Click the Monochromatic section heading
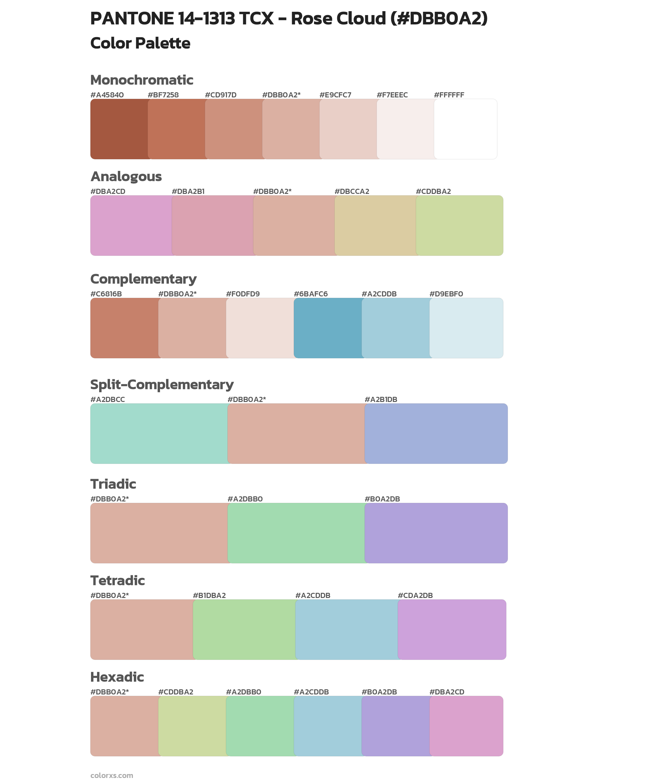pyautogui.click(x=142, y=80)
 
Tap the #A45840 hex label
pyautogui.click(x=107, y=95)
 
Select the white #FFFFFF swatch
pyautogui.click(x=466, y=129)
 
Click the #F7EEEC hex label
pyautogui.click(x=392, y=95)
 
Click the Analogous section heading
pyautogui.click(x=126, y=176)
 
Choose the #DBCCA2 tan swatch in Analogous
pyautogui.click(x=375, y=226)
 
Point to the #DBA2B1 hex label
pyautogui.click(x=188, y=191)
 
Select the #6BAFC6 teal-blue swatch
pyautogui.click(x=328, y=328)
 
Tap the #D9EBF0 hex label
pyautogui.click(x=446, y=294)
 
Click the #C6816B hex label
pyautogui.click(x=106, y=294)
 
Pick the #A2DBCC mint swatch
pyautogui.click(x=159, y=434)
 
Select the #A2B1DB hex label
pyautogui.click(x=381, y=399)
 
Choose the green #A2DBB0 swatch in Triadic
pyautogui.click(x=296, y=533)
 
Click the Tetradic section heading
pyautogui.click(x=118, y=580)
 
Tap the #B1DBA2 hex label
pyautogui.click(x=209, y=595)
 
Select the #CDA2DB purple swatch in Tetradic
pyautogui.click(x=452, y=629)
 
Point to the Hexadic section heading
pyautogui.click(x=117, y=677)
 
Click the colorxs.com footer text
pyautogui.click(x=112, y=775)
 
